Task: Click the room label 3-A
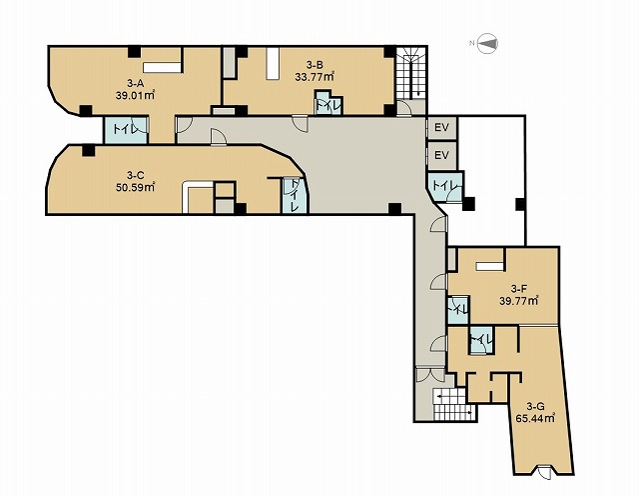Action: pyautogui.click(x=136, y=84)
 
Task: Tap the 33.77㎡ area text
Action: pyautogui.click(x=315, y=76)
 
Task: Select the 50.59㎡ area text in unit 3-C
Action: pyautogui.click(x=136, y=188)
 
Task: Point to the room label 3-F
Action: pyautogui.click(x=519, y=289)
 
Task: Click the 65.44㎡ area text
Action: pyautogui.click(x=535, y=418)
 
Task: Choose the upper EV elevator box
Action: pyautogui.click(x=441, y=128)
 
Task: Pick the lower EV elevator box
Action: pyautogui.click(x=441, y=155)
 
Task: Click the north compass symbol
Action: pyautogui.click(x=486, y=43)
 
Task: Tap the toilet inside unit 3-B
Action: pyautogui.click(x=328, y=103)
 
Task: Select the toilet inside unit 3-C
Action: pyautogui.click(x=294, y=195)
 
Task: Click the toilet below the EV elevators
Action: pyautogui.click(x=445, y=186)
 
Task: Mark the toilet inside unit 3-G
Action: pyautogui.click(x=481, y=339)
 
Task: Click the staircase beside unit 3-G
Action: pyautogui.click(x=453, y=404)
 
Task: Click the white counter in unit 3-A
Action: pyautogui.click(x=162, y=68)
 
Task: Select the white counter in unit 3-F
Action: pyautogui.click(x=490, y=266)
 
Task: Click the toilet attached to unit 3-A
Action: pyautogui.click(x=126, y=130)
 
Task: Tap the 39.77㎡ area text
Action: pyautogui.click(x=519, y=302)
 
